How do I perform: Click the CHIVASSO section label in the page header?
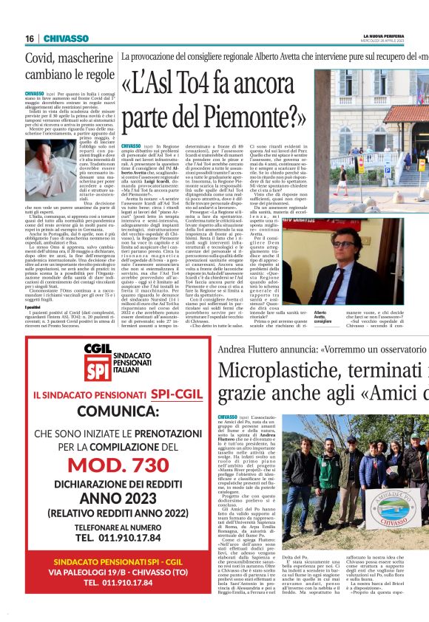(x=66, y=38)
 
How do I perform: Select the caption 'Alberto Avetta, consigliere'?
(x=324, y=317)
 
